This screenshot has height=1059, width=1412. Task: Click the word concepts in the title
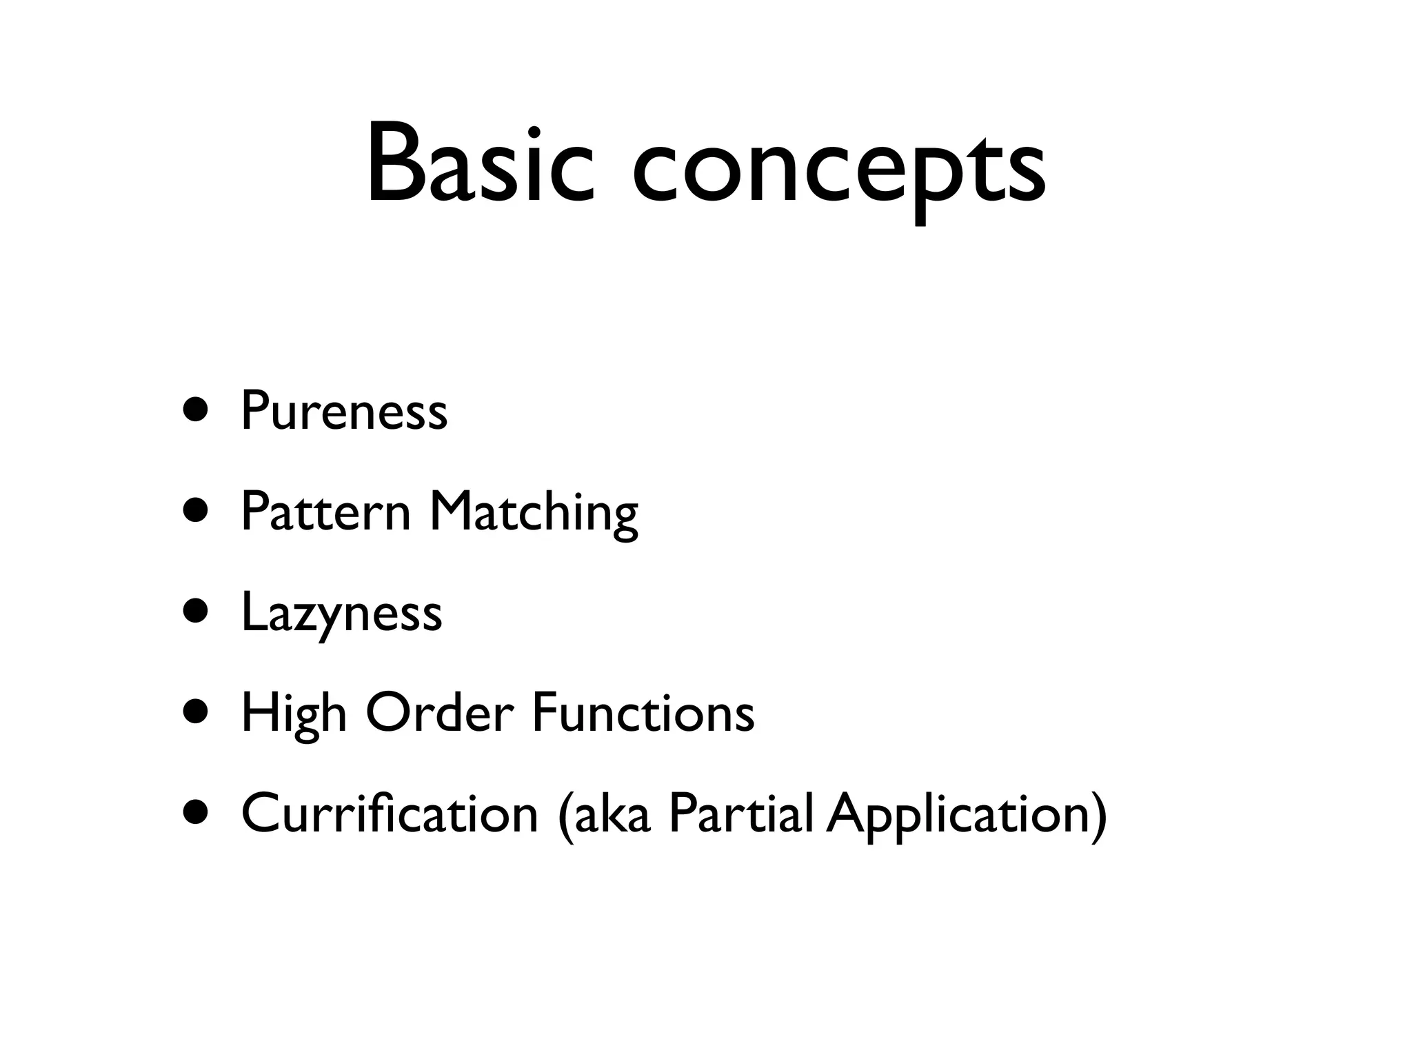click(838, 172)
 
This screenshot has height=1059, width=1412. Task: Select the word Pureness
click(343, 412)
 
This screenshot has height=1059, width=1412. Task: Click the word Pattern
click(325, 512)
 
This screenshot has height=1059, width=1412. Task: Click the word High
click(293, 714)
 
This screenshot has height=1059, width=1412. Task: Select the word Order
click(440, 713)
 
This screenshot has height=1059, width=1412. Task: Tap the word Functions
click(643, 713)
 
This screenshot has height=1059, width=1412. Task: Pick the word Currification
click(390, 814)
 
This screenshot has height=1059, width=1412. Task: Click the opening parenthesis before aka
click(565, 815)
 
